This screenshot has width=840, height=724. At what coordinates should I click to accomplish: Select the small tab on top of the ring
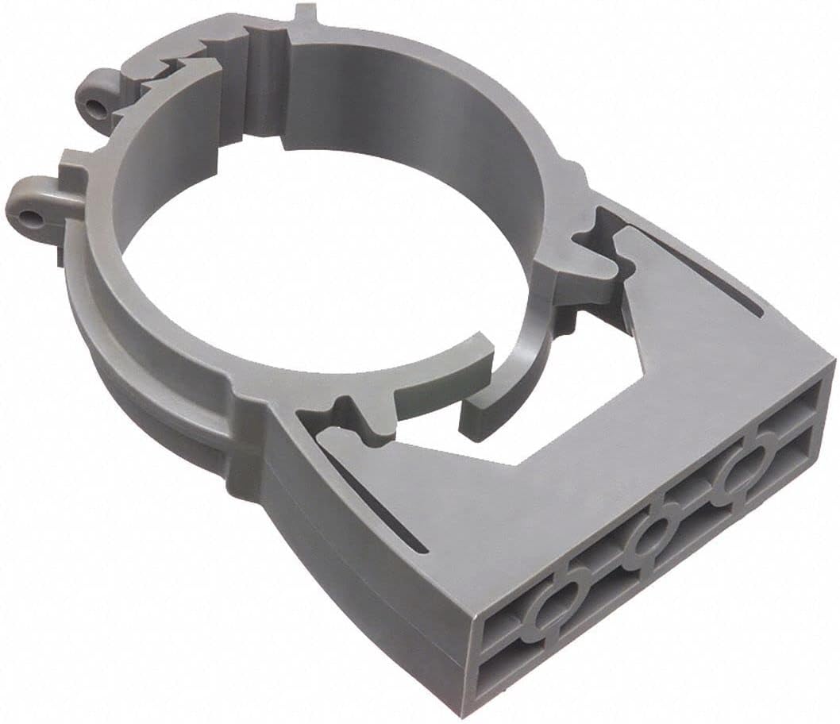click(305, 17)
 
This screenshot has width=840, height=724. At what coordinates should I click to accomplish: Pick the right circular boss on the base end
click(742, 476)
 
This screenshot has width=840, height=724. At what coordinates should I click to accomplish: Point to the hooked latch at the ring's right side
click(591, 250)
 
